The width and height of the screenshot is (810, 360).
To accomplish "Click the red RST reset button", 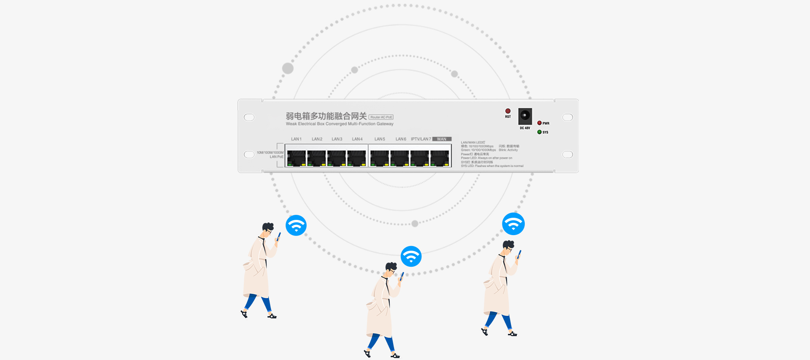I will click(x=508, y=111).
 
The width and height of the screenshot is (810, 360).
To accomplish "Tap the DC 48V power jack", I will click(x=525, y=116).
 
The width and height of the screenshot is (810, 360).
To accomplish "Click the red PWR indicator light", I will click(x=540, y=123).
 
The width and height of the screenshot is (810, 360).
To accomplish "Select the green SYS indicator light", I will click(x=539, y=132).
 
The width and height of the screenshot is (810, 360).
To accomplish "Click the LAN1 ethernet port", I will click(x=296, y=158).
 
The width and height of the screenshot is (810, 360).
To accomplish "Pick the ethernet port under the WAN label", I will click(x=440, y=158).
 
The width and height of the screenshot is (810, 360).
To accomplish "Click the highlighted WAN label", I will click(x=442, y=139).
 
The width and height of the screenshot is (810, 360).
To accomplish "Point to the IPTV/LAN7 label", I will click(x=421, y=139).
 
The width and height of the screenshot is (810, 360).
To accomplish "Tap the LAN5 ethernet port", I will click(x=379, y=158).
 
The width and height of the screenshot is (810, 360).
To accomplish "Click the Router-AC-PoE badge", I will click(x=381, y=117).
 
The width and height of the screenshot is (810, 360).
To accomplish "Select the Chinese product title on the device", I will click(x=326, y=116).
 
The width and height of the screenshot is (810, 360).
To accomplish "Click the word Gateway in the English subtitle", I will click(x=385, y=124).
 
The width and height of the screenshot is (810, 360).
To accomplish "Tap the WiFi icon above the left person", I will click(x=296, y=225).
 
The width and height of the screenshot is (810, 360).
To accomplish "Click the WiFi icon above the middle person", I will click(x=411, y=256).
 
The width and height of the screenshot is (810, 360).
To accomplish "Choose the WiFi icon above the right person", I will click(x=513, y=224).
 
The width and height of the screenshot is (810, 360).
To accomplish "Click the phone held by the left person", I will click(x=278, y=236).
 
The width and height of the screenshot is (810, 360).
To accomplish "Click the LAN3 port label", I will click(x=337, y=139).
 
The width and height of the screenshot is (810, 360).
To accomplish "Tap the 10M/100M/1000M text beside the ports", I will click(x=270, y=152).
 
